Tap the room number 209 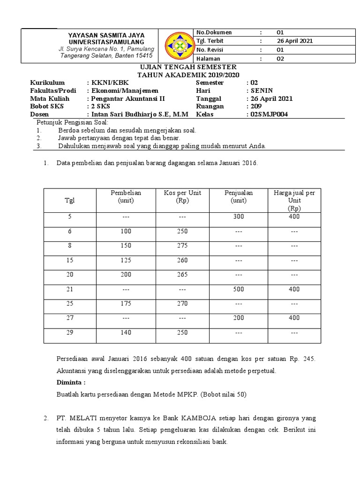coord(256,106)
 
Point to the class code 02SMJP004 coord(270,114)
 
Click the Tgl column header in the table coord(69,200)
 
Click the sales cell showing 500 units coord(238,289)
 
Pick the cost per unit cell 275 coord(182,246)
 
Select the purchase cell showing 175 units coord(126,303)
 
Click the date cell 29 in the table coord(69,332)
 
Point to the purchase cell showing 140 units coord(126,332)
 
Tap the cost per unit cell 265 coord(182,275)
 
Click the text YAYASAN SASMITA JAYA coord(106,35)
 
